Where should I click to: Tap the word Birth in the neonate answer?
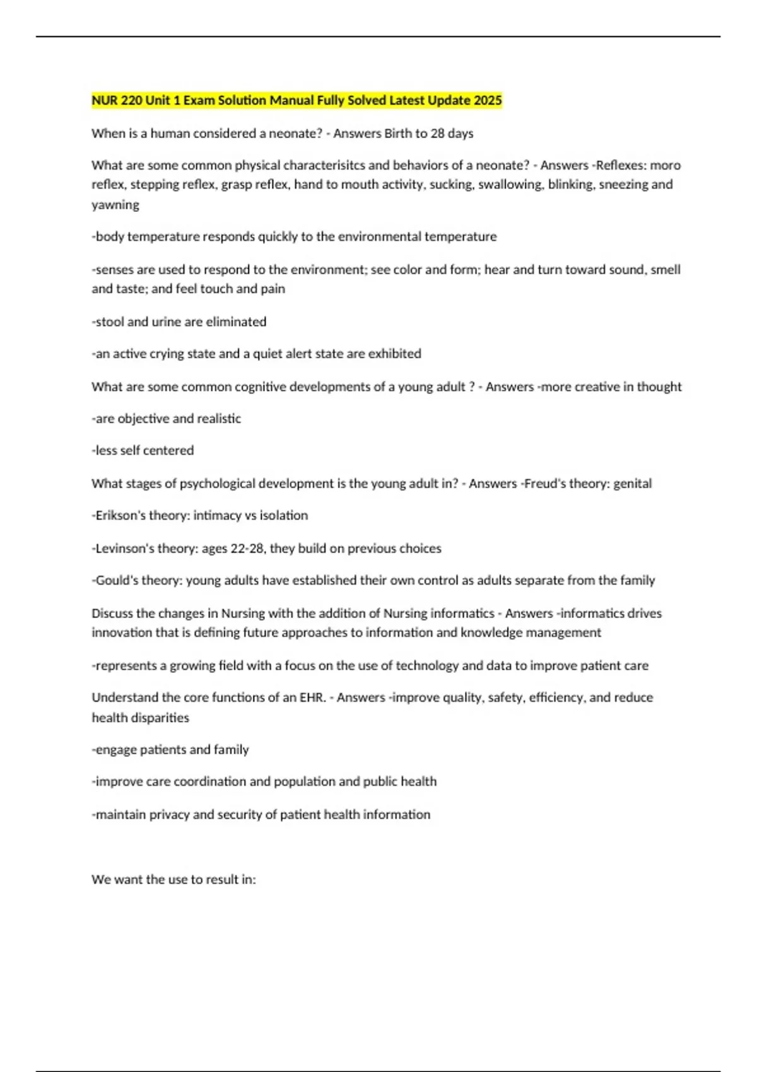tap(398, 134)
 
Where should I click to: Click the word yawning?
tap(115, 205)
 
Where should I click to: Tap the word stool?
tap(109, 322)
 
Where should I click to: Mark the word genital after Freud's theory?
tap(632, 484)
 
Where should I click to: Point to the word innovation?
tap(121, 632)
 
